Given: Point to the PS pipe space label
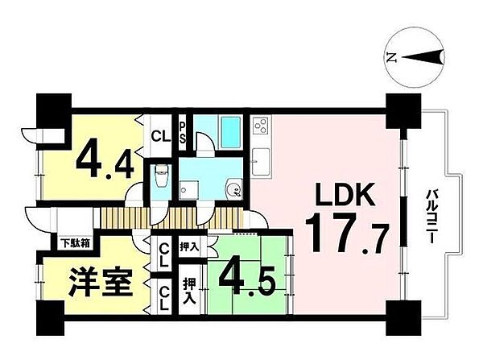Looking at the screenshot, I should (183, 131).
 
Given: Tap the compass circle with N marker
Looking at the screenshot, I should (417, 57).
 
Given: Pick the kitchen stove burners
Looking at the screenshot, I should (261, 126).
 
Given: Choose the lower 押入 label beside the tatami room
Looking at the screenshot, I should (189, 290).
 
